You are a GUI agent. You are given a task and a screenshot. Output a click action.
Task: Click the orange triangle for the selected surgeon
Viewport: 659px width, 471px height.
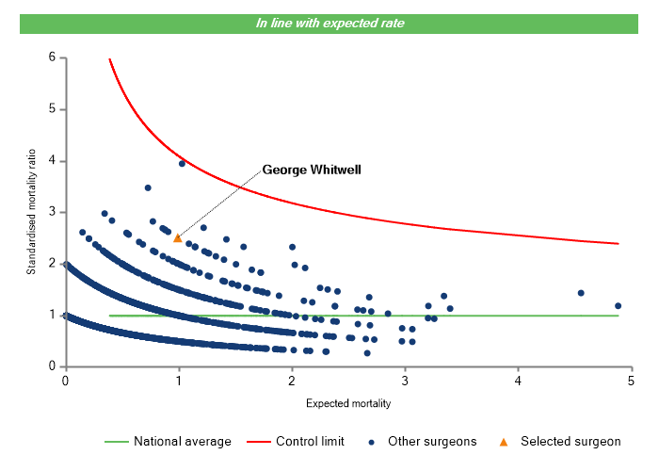point(177,238)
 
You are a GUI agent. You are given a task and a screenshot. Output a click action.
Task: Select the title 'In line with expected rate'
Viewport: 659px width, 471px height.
point(329,23)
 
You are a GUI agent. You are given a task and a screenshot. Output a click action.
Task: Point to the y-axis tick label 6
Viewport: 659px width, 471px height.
point(52,57)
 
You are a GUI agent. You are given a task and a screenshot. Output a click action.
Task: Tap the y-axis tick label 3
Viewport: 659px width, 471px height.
point(52,212)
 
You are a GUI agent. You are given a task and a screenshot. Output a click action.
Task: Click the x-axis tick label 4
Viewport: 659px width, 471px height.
point(519,382)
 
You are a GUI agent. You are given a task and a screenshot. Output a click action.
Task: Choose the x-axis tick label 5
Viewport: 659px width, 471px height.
point(632,382)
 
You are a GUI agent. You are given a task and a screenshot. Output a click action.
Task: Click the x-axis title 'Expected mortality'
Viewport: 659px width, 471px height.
point(348,404)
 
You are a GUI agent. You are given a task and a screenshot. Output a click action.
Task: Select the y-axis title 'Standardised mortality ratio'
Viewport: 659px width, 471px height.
point(31,212)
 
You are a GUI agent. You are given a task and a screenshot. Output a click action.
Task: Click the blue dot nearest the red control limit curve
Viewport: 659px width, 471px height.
point(182,163)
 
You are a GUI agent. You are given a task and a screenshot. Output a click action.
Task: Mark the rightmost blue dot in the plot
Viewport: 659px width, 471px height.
point(618,305)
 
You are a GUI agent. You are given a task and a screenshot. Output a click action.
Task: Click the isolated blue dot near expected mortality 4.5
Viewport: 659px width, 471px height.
point(581,293)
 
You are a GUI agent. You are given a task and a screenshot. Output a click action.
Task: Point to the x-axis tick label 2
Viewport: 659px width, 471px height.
point(292,382)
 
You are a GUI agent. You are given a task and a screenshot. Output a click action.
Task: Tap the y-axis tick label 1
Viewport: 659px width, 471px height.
point(52,316)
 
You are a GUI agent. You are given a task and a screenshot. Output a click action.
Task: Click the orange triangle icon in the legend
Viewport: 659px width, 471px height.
point(503,441)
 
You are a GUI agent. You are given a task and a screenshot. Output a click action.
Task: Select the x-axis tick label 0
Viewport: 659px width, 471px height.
point(65,382)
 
